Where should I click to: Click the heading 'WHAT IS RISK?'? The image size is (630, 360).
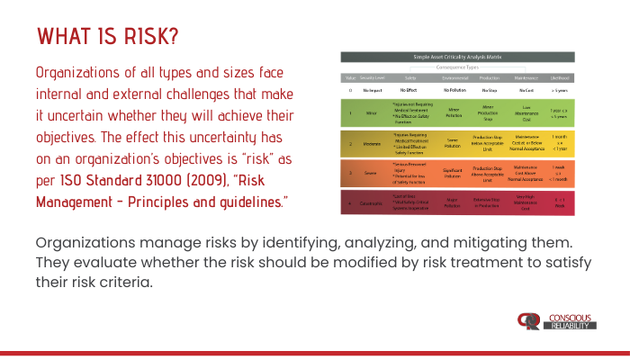pos(107,37)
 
